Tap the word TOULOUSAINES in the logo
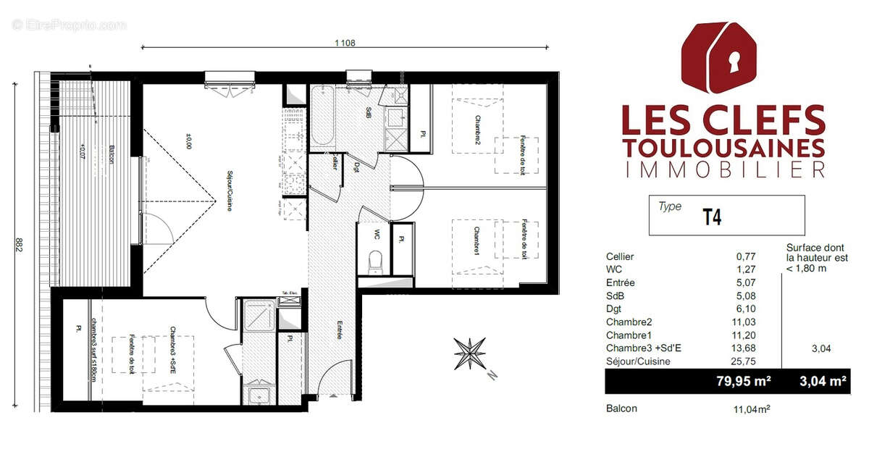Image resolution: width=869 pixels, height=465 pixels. (x=723, y=147)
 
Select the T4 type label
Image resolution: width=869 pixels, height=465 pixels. (x=712, y=217)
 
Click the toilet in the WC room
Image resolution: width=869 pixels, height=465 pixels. (x=374, y=262)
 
